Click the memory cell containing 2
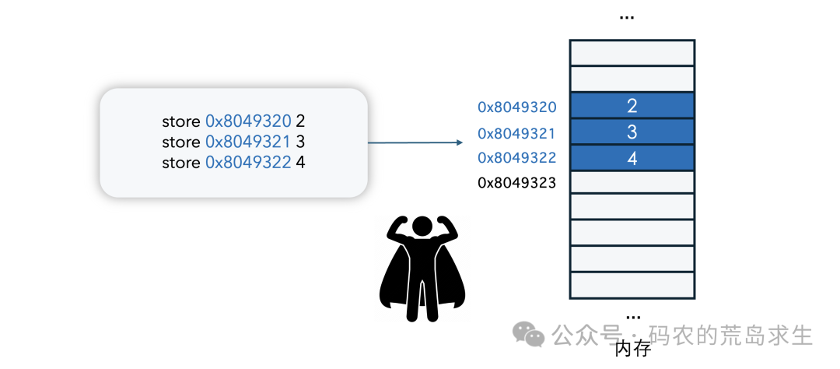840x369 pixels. [x=632, y=106]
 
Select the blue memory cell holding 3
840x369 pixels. [x=632, y=132]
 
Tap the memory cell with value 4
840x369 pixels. [x=632, y=158]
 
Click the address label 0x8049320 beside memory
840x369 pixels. [x=517, y=107]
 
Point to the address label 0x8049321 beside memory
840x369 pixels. [x=517, y=132]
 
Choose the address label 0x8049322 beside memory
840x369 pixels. [x=517, y=158]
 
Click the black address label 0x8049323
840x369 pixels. [x=517, y=184]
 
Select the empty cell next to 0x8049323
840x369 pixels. [x=632, y=183]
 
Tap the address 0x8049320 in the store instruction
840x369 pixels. [x=248, y=121]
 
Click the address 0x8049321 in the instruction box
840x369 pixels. [x=248, y=142]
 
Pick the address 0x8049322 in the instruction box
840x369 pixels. [x=248, y=163]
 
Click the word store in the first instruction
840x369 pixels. [x=181, y=121]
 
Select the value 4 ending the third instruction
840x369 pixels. [x=300, y=163]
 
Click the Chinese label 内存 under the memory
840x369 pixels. [x=632, y=348]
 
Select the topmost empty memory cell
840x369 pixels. [x=632, y=53]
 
